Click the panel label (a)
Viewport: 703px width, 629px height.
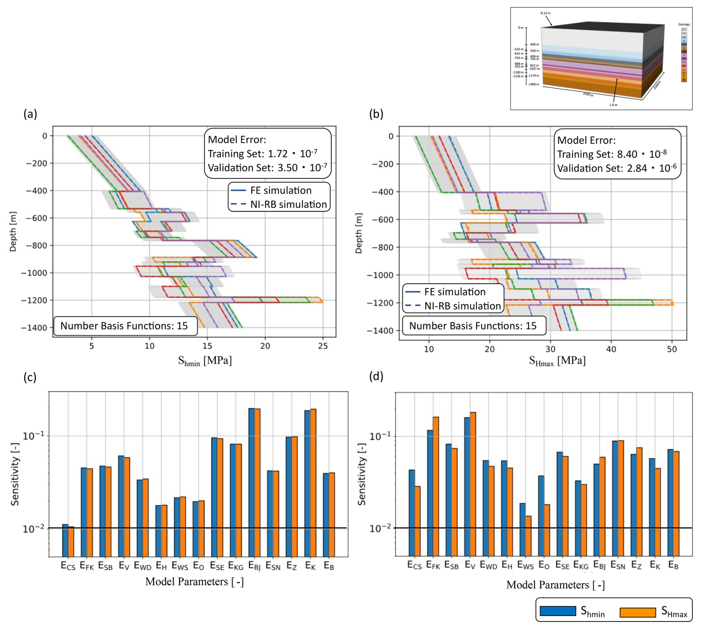coord(30,114)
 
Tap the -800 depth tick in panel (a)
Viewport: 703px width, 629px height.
coord(36,246)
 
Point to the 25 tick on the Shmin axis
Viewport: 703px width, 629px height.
coord(323,346)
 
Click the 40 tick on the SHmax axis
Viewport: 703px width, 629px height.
coord(611,349)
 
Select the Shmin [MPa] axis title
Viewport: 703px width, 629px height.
coord(205,361)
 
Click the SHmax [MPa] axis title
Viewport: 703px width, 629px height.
coord(557,361)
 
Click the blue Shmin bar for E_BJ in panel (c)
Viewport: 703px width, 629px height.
coord(252,483)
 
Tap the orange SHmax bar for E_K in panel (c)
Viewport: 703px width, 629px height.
coord(313,483)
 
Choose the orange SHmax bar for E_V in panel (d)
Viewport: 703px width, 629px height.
coord(473,483)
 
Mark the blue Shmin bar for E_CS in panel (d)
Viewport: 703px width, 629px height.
coord(412,513)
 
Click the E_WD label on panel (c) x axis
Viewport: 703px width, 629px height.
coord(143,566)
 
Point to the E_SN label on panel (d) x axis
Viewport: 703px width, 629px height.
coord(618,565)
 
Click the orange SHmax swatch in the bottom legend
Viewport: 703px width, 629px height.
coord(638,612)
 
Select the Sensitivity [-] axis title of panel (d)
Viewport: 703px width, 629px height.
coord(362,474)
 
